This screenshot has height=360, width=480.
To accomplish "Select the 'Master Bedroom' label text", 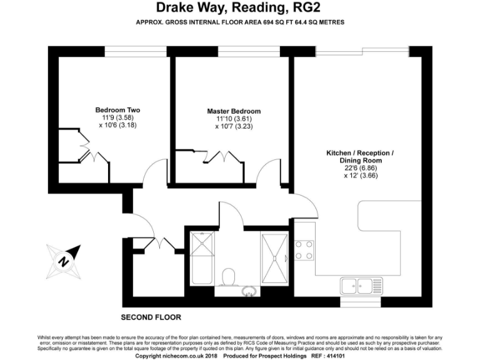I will (x=234, y=111).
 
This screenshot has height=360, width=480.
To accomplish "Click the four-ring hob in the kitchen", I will (x=304, y=250).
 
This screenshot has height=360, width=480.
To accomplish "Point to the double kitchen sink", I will (x=357, y=286).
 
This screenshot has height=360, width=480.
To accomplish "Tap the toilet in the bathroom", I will (x=228, y=276).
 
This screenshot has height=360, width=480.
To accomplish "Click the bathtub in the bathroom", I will (x=202, y=262).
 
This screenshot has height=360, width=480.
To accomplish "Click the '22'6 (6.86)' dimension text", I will (x=360, y=168).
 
